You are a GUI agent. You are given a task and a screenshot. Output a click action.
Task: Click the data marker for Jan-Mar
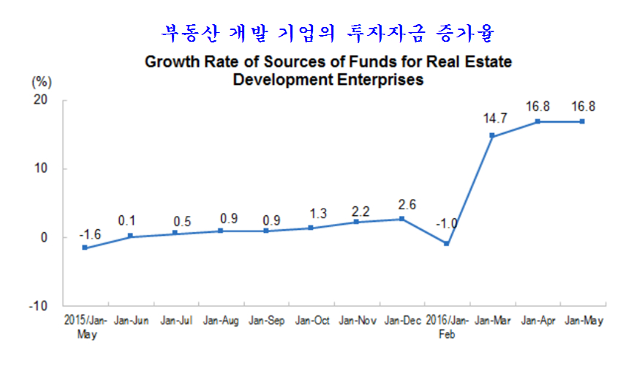[x=491, y=136]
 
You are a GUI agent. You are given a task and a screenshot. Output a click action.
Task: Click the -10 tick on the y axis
[x=38, y=305]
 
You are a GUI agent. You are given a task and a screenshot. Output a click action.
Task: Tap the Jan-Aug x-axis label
[x=221, y=321]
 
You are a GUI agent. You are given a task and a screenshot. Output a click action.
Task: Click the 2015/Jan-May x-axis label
[x=85, y=326]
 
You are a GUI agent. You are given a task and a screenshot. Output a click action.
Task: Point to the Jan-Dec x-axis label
[x=401, y=321]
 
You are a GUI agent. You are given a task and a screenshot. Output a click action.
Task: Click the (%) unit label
[x=41, y=80]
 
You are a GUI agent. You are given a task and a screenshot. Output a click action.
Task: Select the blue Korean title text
[x=328, y=33]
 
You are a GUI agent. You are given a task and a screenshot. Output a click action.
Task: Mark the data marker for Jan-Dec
[x=401, y=219]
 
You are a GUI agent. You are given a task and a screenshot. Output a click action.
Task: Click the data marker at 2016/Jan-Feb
[x=447, y=244]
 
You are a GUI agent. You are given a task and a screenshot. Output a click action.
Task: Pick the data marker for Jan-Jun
[x=130, y=236]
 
